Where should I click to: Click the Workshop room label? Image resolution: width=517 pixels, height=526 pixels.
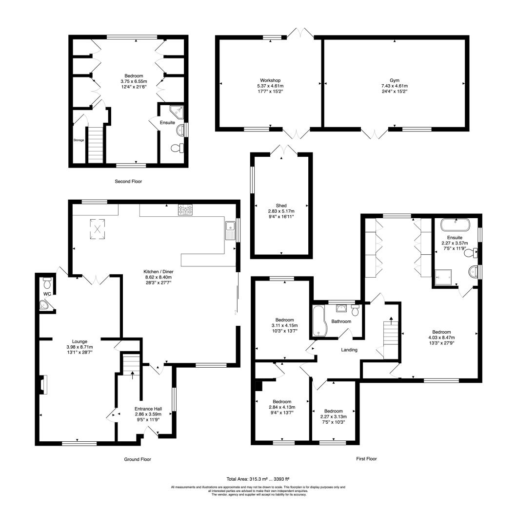pyautogui.click(x=270, y=80)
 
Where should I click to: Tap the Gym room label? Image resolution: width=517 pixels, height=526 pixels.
pyautogui.click(x=395, y=80)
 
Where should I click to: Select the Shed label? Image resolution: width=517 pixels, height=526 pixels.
pyautogui.click(x=281, y=206)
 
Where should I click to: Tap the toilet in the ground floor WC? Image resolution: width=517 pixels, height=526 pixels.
pyautogui.click(x=47, y=283)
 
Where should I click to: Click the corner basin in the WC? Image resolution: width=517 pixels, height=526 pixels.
pyautogui.click(x=44, y=305)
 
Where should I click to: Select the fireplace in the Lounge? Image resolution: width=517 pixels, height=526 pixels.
pyautogui.click(x=42, y=384)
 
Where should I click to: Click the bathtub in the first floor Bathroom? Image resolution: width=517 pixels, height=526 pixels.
pyautogui.click(x=318, y=320)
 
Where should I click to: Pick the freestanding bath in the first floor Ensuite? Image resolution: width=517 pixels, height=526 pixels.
pyautogui.click(x=456, y=225)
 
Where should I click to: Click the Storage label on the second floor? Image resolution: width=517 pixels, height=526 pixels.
pyautogui.click(x=79, y=140)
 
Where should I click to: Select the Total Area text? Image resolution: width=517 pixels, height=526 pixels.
pyautogui.click(x=258, y=479)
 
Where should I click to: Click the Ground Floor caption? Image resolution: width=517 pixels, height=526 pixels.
pyautogui.click(x=138, y=459)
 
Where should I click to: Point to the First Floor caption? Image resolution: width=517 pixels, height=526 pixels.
pyautogui.click(x=366, y=459)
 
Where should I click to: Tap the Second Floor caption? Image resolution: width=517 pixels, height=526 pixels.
pyautogui.click(x=128, y=182)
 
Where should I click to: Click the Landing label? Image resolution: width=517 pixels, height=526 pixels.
pyautogui.click(x=349, y=350)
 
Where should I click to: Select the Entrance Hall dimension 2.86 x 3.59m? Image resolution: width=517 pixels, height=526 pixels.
pyautogui.click(x=148, y=414)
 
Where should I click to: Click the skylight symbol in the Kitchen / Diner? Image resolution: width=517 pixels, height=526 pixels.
pyautogui.click(x=98, y=229)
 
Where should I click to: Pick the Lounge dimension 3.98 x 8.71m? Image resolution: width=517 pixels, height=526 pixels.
pyautogui.click(x=80, y=347)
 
